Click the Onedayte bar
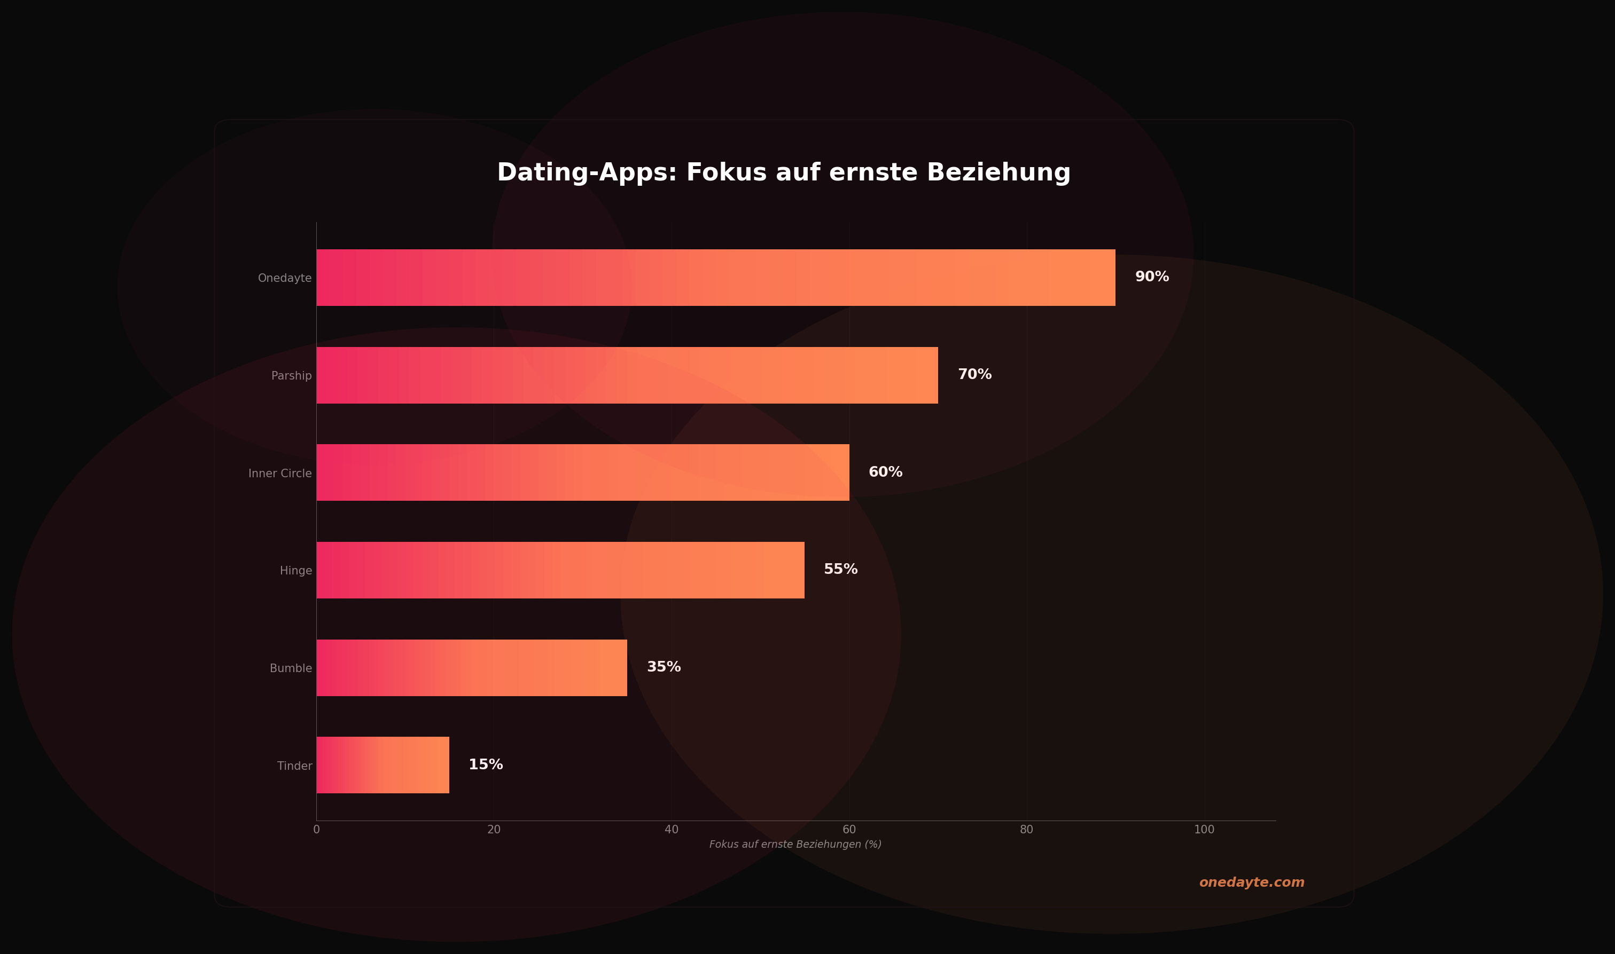pyautogui.click(x=715, y=278)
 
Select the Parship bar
pyautogui.click(x=627, y=375)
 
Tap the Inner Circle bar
pyautogui.click(x=583, y=472)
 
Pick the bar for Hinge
pyautogui.click(x=560, y=570)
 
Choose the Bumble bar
pyautogui.click(x=471, y=667)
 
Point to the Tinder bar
pyautogui.click(x=383, y=765)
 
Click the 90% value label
pyautogui.click(x=1152, y=277)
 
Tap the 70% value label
pyautogui.click(x=974, y=375)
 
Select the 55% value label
pyautogui.click(x=841, y=570)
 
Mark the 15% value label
pyautogui.click(x=486, y=765)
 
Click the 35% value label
pyautogui.click(x=664, y=667)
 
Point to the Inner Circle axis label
pyautogui.click(x=280, y=474)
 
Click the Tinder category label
pyautogui.click(x=294, y=766)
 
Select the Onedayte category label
pyautogui.click(x=284, y=278)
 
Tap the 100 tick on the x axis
pyautogui.click(x=1204, y=830)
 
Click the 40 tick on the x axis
pyautogui.click(x=672, y=830)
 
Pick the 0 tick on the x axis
pyautogui.click(x=316, y=830)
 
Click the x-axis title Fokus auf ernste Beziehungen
pyautogui.click(x=795, y=845)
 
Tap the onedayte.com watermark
pyautogui.click(x=1252, y=882)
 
